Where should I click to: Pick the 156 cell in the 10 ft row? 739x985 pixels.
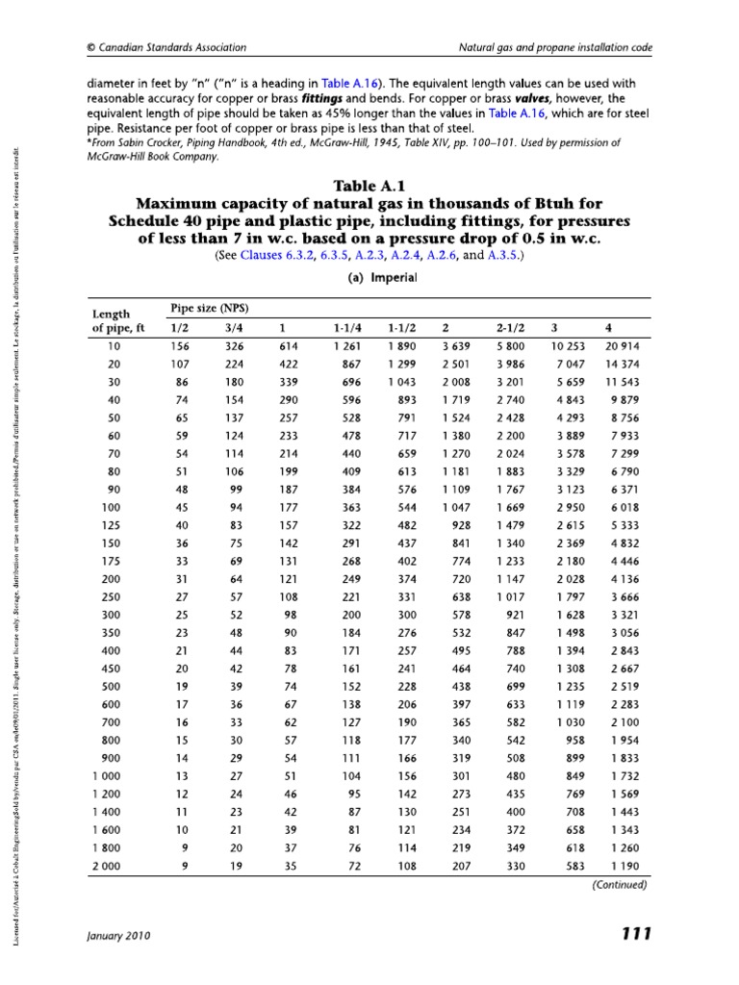coord(179,345)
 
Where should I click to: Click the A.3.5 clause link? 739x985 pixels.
coord(502,257)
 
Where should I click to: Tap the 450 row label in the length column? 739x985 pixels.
coord(115,666)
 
